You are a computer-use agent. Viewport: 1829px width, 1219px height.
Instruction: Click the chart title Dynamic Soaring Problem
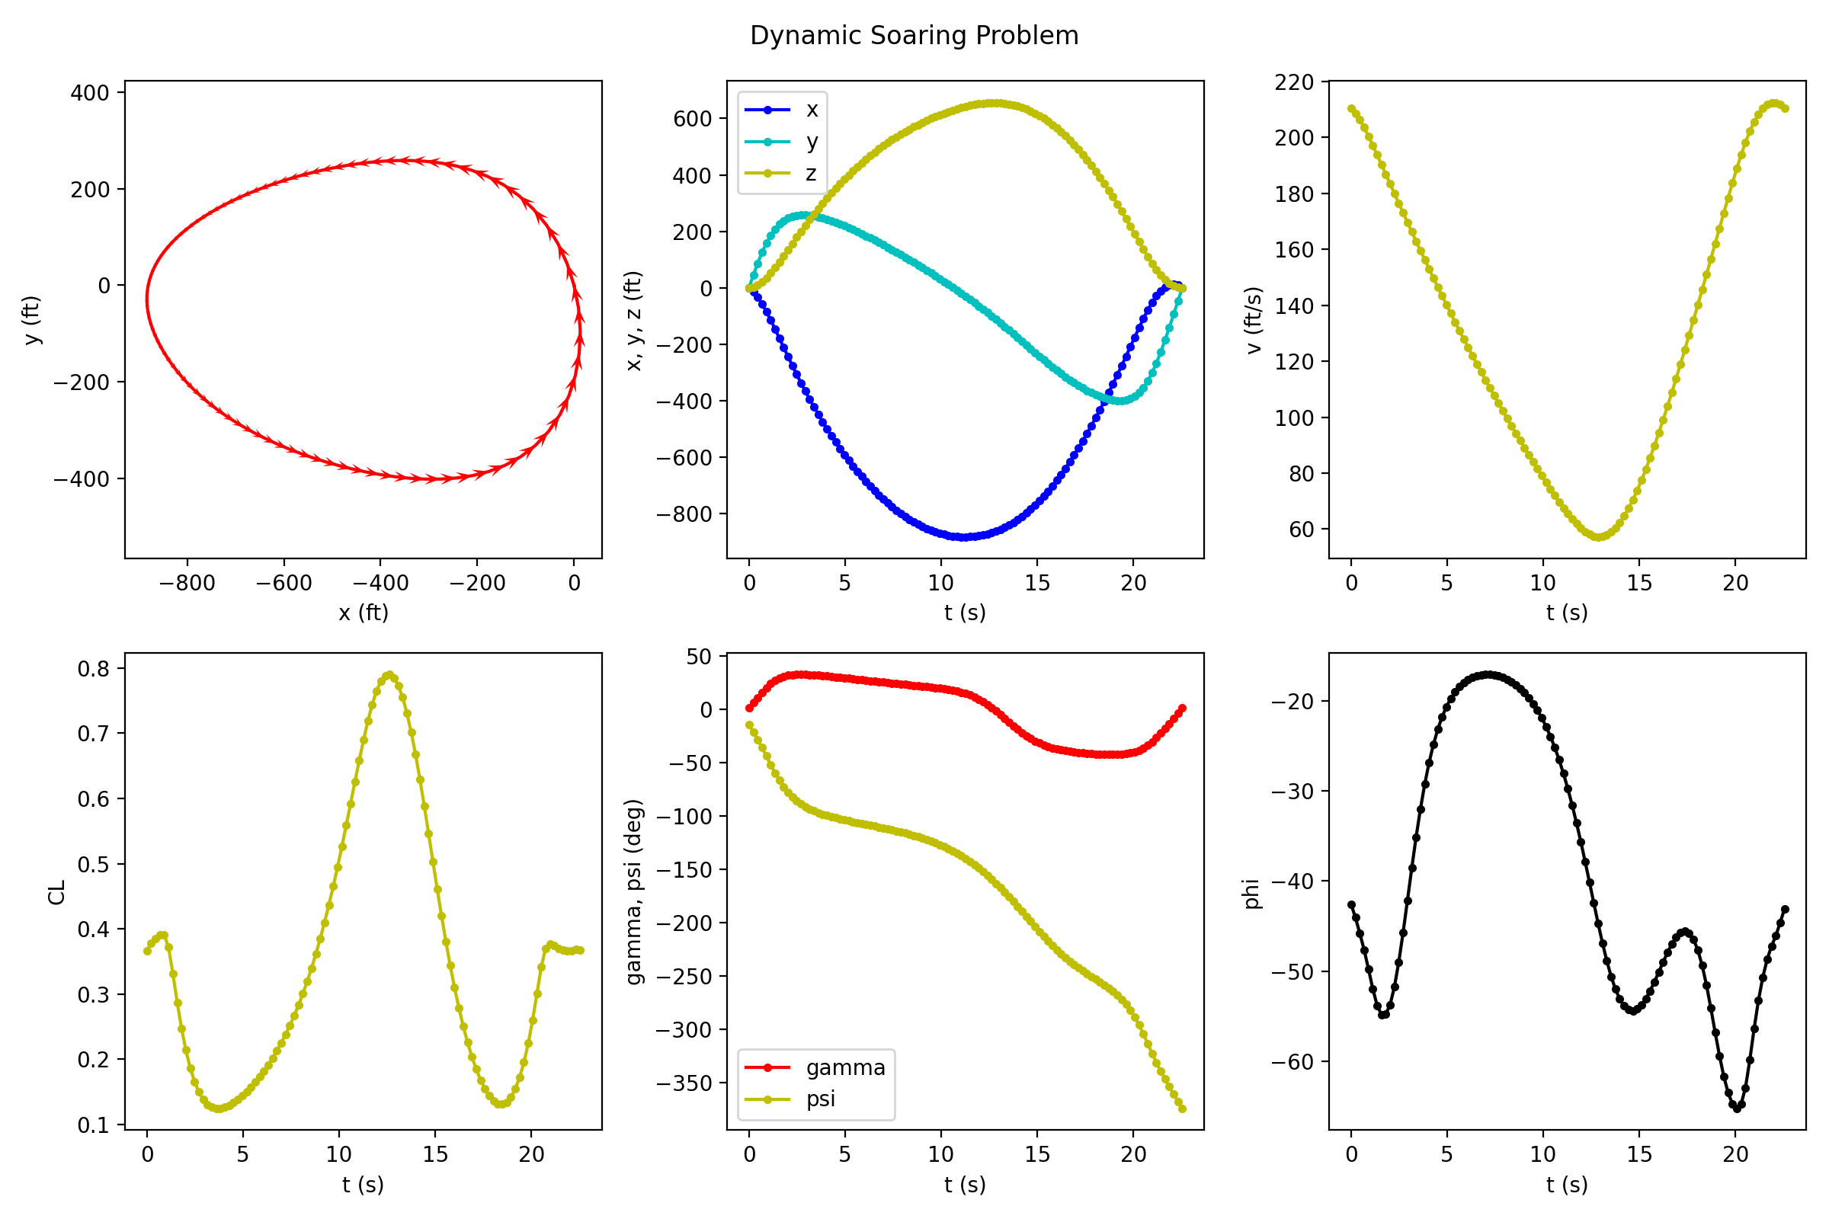(x=914, y=36)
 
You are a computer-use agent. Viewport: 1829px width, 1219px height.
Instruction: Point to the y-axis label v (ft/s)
(x=1254, y=320)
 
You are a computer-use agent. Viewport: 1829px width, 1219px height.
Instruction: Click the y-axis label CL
(x=56, y=892)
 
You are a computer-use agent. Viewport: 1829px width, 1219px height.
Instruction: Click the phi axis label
(x=1251, y=893)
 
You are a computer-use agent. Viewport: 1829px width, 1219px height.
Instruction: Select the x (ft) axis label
(x=364, y=613)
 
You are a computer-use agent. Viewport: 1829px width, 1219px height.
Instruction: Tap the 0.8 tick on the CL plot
(x=92, y=669)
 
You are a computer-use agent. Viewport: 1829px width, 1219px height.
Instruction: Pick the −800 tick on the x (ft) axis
(x=187, y=583)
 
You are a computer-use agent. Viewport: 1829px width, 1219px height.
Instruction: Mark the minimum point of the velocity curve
(x=1599, y=537)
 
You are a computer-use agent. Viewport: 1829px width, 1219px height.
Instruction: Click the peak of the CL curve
(x=389, y=675)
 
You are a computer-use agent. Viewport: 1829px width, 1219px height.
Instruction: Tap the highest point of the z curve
(x=995, y=103)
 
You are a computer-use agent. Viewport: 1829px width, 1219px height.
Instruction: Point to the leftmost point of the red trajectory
(x=147, y=299)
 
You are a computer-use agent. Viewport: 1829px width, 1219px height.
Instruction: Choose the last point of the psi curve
(x=1182, y=1109)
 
